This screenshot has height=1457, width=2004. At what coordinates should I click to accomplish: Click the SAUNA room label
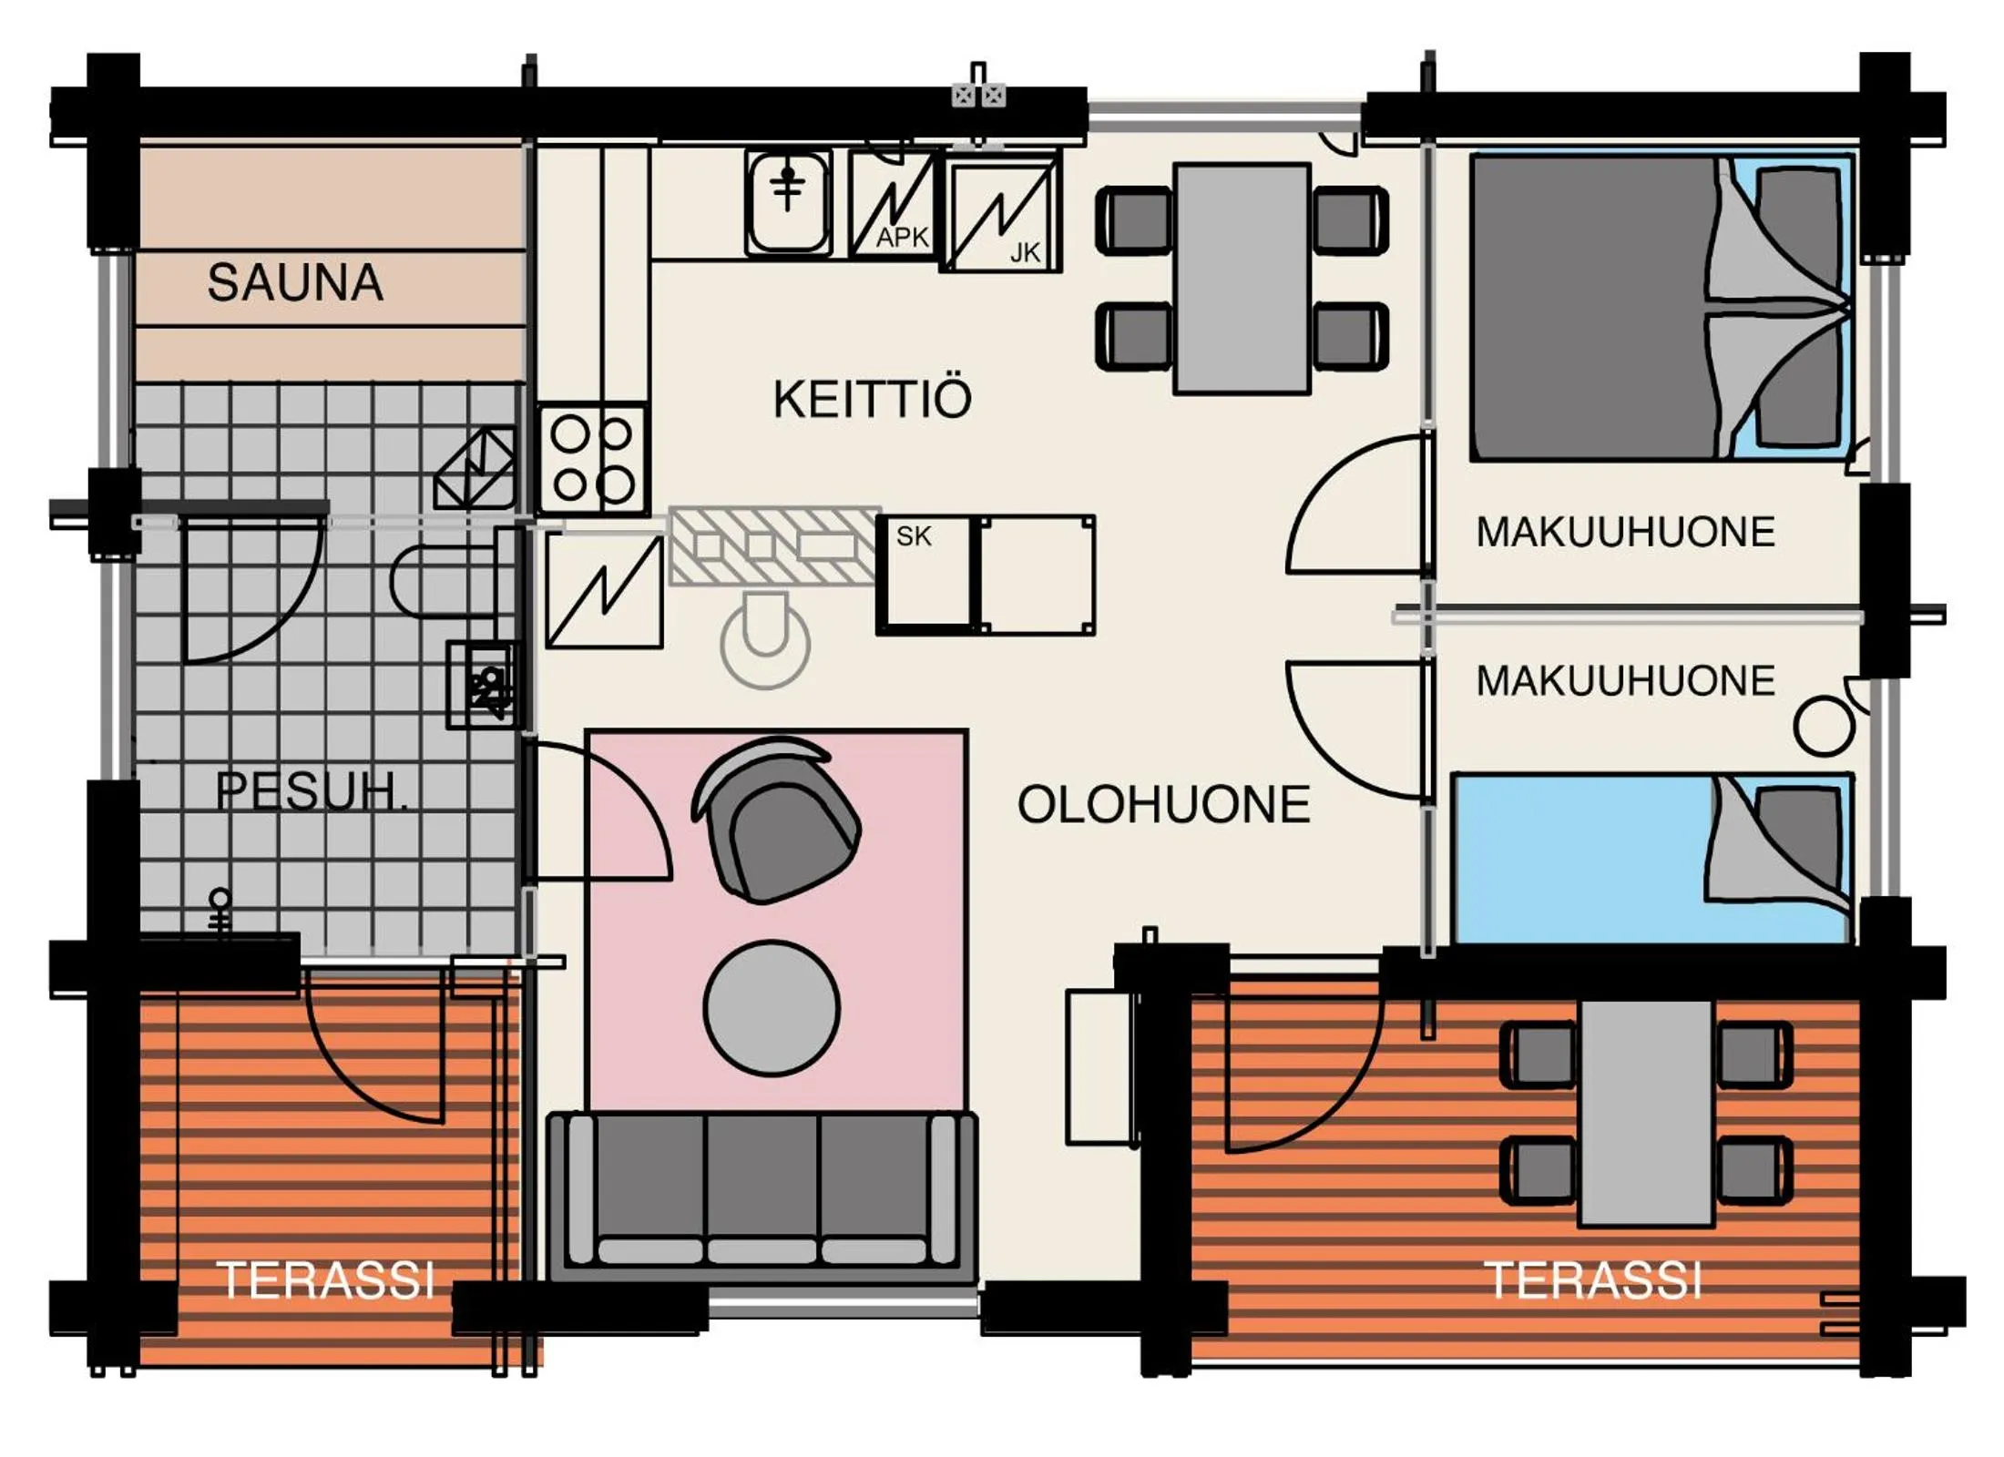[x=294, y=282]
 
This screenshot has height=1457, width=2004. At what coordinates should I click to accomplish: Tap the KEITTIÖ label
[x=872, y=400]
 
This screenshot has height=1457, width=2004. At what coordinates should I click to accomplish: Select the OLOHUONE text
[x=1163, y=805]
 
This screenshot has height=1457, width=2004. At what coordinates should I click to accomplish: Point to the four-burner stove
[x=592, y=460]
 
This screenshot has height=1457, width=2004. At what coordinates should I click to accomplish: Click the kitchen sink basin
[x=788, y=202]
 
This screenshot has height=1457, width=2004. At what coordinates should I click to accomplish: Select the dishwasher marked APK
[x=892, y=205]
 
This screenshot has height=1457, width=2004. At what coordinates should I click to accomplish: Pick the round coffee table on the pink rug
[x=771, y=1008]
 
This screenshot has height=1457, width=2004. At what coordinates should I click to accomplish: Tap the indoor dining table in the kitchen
[x=1242, y=278]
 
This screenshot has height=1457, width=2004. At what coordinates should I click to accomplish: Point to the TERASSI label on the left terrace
[x=325, y=1280]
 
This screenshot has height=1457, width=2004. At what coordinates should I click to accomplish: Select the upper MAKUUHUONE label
[x=1625, y=532]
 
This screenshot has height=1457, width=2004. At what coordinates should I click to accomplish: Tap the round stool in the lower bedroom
[x=1824, y=726]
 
